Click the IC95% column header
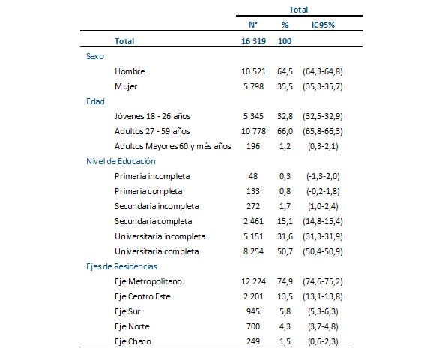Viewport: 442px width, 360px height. pyautogui.click(x=322, y=25)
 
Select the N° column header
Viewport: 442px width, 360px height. pyautogui.click(x=253, y=25)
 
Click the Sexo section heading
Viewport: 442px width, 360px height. pyautogui.click(x=96, y=56)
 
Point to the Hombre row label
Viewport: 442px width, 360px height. pyautogui.click(x=130, y=71)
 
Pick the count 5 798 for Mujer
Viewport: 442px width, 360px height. pyautogui.click(x=249, y=86)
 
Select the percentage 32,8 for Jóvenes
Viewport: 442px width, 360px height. pyautogui.click(x=285, y=116)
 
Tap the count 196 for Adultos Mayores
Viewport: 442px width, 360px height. pyautogui.click(x=252, y=146)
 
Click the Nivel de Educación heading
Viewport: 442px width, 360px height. pyautogui.click(x=121, y=161)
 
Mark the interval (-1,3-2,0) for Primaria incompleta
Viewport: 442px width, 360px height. pyautogui.click(x=322, y=176)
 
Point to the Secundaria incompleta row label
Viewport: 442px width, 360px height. pyautogui.click(x=157, y=206)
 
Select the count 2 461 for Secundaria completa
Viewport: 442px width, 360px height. pyautogui.click(x=249, y=221)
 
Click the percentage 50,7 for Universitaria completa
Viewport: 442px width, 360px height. pyautogui.click(x=285, y=251)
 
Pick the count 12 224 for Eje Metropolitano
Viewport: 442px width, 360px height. pyautogui.click(x=246, y=281)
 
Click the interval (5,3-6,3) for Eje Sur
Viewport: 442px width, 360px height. pyautogui.click(x=322, y=311)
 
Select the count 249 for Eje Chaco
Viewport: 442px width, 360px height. pyautogui.click(x=252, y=341)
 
